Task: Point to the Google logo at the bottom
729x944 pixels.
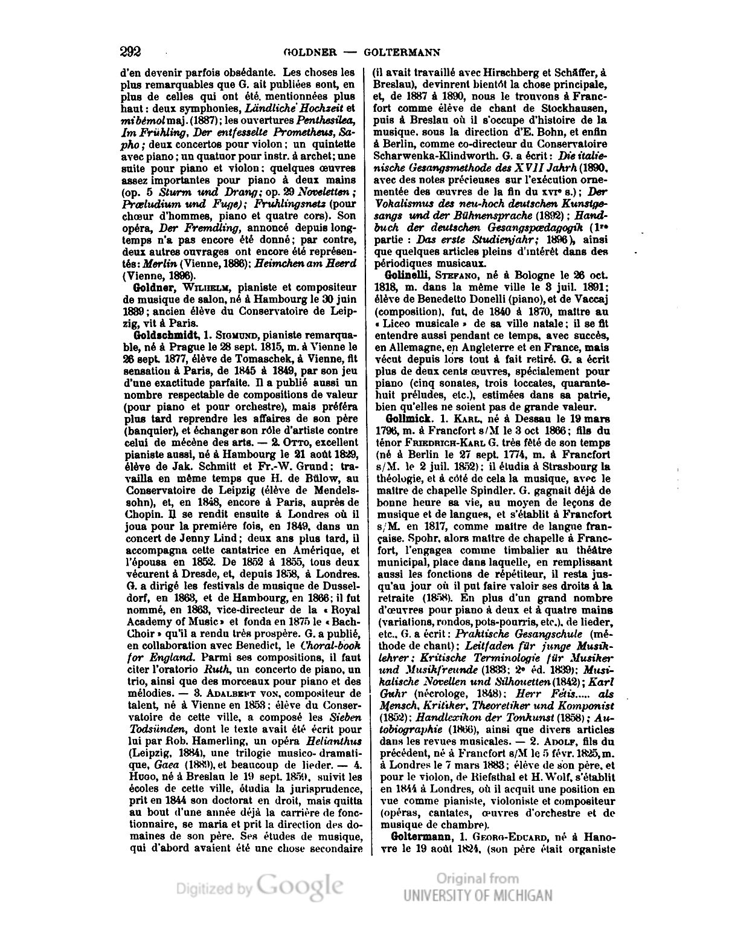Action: point(300,885)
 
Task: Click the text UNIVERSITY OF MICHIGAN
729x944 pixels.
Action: point(478,896)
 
